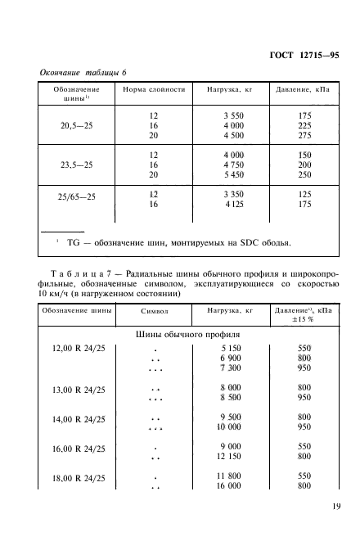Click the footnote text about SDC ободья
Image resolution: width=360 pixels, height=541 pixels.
(x=169, y=241)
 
